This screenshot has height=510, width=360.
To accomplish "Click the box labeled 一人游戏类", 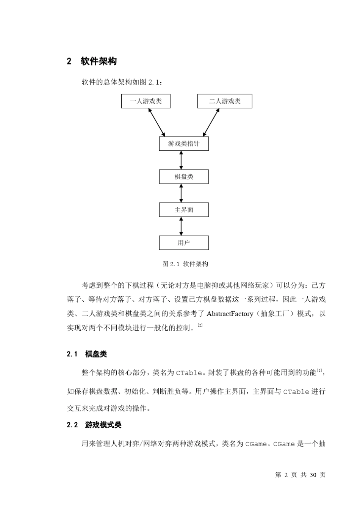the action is tap(146, 101).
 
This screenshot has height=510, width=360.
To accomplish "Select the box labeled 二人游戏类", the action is tap(225, 101).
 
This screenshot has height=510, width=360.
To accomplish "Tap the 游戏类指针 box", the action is tap(184, 144).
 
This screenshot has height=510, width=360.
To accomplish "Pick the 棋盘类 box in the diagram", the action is tap(184, 177).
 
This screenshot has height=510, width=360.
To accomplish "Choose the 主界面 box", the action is tap(184, 210).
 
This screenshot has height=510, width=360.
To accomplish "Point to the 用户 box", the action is tap(184, 243).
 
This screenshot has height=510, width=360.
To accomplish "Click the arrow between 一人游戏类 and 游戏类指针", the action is tap(157, 122).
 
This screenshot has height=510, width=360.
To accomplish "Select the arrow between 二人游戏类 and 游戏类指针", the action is tap(211, 122).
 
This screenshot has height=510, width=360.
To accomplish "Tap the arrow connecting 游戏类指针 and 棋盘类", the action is tap(181, 160).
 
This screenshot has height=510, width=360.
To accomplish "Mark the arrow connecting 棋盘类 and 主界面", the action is tap(181, 193).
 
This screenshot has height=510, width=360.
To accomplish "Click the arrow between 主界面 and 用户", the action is tap(181, 226).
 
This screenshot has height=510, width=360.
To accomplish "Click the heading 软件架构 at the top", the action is tap(99, 61).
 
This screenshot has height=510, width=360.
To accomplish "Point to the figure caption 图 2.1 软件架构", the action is tap(185, 264).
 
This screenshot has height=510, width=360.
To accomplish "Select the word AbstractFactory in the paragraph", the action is tap(230, 314).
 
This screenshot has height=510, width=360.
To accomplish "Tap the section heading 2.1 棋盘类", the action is tap(87, 354).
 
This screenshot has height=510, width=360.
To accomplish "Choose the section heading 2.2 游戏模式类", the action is tap(94, 425).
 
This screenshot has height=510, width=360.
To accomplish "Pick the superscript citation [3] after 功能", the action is tap(319, 370).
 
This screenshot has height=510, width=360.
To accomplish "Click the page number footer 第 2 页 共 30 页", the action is tap(300, 475).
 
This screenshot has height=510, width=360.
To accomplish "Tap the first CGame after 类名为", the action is tap(256, 444).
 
